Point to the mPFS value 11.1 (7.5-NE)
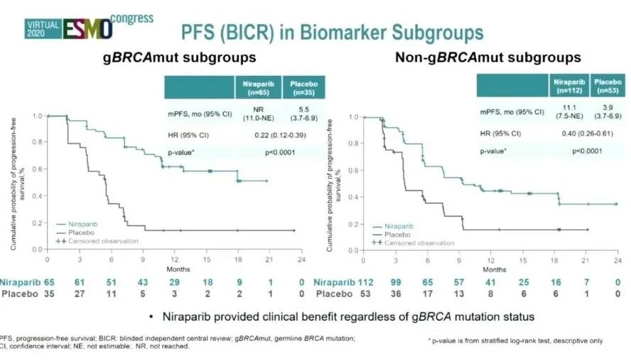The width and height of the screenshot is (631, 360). tap(566, 111)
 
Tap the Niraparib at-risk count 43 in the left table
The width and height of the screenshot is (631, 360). tap(143, 282)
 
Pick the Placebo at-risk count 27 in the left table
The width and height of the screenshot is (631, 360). tap(79, 293)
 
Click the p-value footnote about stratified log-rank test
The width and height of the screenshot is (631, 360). tap(517, 341)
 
